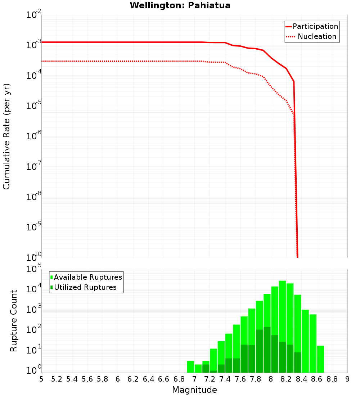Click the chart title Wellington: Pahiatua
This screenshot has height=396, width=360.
click(x=180, y=5)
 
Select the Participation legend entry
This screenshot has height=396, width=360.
click(x=315, y=26)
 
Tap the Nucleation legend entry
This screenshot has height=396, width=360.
click(x=317, y=36)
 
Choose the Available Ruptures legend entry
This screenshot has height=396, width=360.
click(x=88, y=277)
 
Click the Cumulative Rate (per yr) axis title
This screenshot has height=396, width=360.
click(x=6, y=136)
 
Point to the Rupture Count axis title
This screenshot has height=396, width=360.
click(x=14, y=320)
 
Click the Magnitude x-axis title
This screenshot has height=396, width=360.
click(x=194, y=390)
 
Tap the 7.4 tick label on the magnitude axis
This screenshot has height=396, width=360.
click(x=225, y=379)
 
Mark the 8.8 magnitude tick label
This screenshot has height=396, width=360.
click(x=332, y=379)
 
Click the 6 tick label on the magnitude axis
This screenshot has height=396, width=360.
click(x=118, y=379)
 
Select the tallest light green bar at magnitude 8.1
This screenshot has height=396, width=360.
click(x=282, y=324)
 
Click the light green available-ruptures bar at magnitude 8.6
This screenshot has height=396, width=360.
click(x=313, y=342)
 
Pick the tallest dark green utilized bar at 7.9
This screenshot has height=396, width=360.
click(x=267, y=349)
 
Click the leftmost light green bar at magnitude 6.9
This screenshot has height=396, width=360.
click(x=190, y=366)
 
